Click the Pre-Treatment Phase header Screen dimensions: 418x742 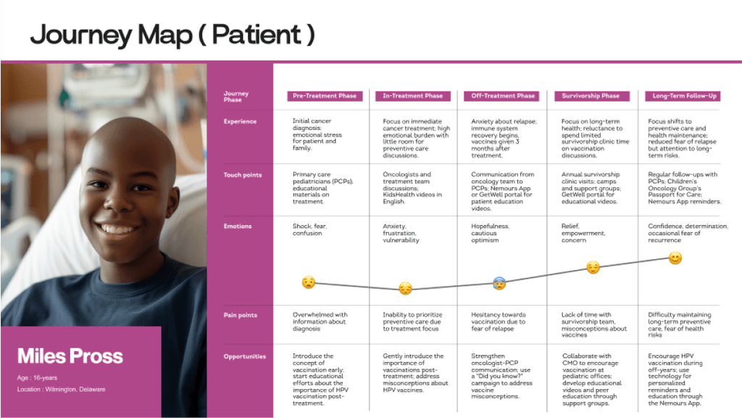pyautogui.click(x=324, y=96)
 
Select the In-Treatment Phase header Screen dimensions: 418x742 pyautogui.click(x=413, y=96)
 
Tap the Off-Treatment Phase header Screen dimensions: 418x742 pyautogui.click(x=503, y=96)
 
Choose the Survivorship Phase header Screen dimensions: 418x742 pyautogui.click(x=591, y=96)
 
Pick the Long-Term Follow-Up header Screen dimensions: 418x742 pyautogui.click(x=684, y=96)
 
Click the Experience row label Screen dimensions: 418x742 pyautogui.click(x=240, y=121)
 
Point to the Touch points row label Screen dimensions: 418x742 pyautogui.click(x=243, y=175)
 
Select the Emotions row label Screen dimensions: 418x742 pyautogui.click(x=238, y=226)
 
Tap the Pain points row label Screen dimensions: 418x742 pyautogui.click(x=241, y=315)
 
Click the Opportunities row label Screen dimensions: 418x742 pyautogui.click(x=246, y=356)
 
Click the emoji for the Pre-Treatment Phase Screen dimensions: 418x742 pyautogui.click(x=309, y=282)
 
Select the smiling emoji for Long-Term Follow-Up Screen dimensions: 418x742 pyautogui.click(x=675, y=258)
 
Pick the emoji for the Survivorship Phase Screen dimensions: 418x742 pyautogui.click(x=593, y=268)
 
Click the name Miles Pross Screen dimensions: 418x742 pyautogui.click(x=70, y=356)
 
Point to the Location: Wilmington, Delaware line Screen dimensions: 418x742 pyautogui.click(x=62, y=390)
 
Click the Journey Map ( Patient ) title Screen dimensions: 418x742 pyautogui.click(x=172, y=34)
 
